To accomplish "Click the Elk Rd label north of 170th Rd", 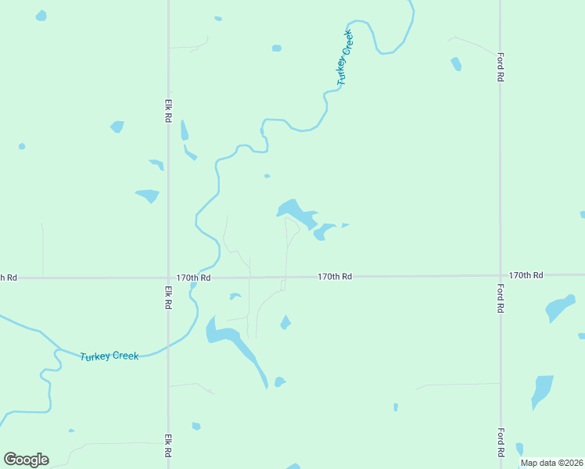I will click(167, 109).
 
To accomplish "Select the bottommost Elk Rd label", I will click(167, 447).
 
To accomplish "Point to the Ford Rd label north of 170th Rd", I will click(500, 68).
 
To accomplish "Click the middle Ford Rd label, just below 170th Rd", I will click(500, 298).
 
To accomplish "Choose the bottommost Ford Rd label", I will click(500, 442).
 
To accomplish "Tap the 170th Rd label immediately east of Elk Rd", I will click(194, 277).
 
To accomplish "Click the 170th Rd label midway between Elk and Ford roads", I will click(335, 277).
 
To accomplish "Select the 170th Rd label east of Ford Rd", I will click(526, 276).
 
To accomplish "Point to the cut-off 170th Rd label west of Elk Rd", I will click(8, 277).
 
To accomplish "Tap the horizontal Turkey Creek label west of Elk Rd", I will click(109, 356).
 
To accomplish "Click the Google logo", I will click(26, 460).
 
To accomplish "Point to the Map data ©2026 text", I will click(551, 463).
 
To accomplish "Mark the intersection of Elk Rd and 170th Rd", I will click(168, 277).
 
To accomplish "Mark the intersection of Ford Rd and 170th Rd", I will click(501, 275).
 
